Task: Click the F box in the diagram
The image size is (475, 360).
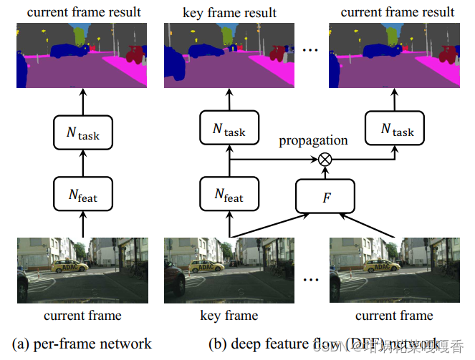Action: (326, 196)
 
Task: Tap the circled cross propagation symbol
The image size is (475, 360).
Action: (325, 159)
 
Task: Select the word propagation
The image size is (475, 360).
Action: (313, 141)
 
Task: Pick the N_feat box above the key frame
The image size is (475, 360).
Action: (229, 194)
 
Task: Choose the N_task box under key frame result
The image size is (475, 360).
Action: (229, 130)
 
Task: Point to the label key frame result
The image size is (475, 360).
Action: (229, 12)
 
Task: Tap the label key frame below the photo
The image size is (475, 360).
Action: (229, 316)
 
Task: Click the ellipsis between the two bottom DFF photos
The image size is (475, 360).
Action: (311, 278)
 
